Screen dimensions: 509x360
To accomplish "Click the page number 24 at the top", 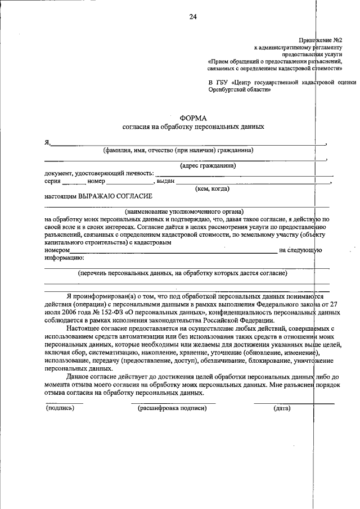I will point(193,17).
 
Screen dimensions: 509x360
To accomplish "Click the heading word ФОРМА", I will point(193,118).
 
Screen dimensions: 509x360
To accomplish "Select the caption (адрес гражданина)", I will point(208,165).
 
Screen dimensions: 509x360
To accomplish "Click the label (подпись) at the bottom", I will point(60,408).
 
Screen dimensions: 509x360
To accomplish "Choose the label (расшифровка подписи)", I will point(172,408).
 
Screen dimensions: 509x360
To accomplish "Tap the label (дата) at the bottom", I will point(281,408).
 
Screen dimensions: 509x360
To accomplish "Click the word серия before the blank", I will point(53,181).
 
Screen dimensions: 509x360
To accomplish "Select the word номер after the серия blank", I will point(96,181).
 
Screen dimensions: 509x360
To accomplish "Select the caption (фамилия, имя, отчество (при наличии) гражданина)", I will point(178,150).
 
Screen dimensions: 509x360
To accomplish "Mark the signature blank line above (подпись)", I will point(64,403).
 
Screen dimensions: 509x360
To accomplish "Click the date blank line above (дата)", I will point(293,403).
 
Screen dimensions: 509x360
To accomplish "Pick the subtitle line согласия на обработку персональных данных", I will point(193,127).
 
